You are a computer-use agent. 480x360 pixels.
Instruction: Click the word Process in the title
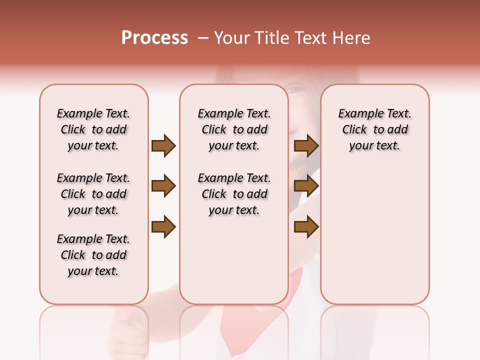154,38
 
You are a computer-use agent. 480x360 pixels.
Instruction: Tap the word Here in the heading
351,38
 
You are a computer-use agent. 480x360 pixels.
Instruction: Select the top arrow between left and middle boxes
163,146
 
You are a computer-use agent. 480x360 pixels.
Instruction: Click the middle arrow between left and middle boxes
163,186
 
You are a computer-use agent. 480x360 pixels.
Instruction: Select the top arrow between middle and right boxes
306,146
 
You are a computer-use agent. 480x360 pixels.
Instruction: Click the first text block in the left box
93,129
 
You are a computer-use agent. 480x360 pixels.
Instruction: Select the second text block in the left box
93,194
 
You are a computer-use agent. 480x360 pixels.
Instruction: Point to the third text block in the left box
93,255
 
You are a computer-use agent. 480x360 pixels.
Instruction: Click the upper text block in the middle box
234,129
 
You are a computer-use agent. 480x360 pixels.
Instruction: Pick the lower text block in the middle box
234,194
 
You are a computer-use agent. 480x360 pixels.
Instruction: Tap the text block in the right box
374,129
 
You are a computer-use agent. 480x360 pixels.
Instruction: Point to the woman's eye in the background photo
291,90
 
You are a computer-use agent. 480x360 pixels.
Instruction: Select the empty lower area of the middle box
234,260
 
